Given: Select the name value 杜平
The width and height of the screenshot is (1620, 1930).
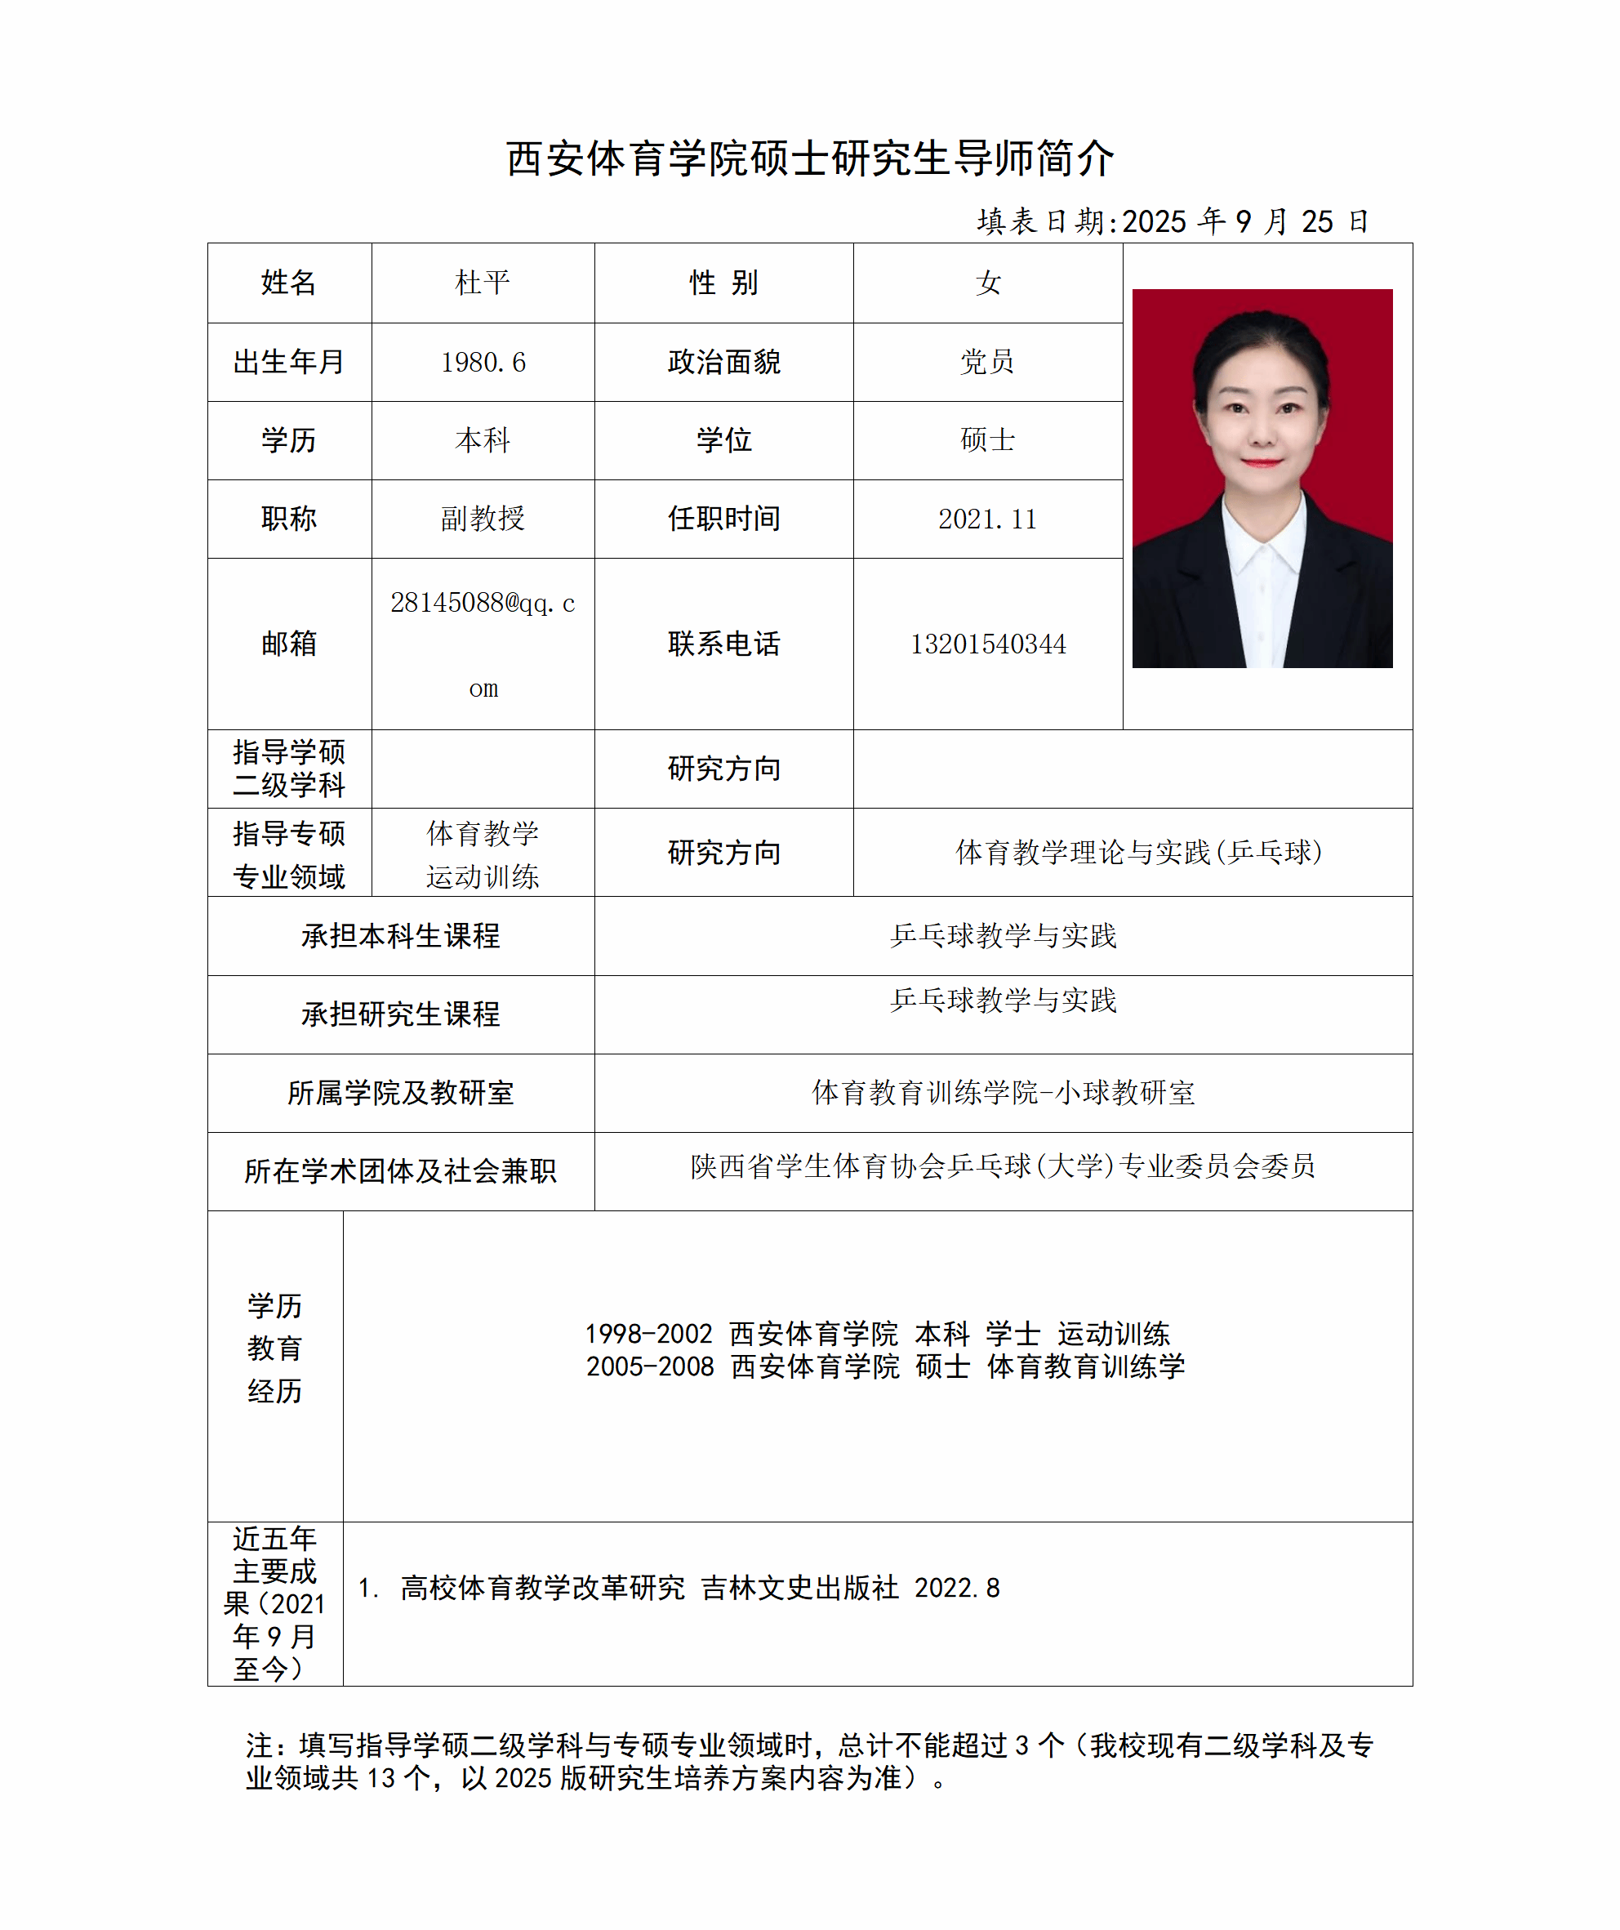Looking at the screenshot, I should coord(483,283).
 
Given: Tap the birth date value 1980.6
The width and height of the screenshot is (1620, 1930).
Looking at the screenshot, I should coord(483,362).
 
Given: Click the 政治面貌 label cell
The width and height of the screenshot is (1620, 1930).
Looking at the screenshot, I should coord(723,362).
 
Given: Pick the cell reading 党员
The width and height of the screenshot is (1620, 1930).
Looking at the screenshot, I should coord(987,362).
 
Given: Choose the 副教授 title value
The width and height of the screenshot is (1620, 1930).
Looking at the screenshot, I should coord(483,519).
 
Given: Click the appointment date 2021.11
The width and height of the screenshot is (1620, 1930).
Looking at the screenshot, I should coord(987,519).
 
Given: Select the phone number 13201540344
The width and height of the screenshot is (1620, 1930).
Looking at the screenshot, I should coord(987,644).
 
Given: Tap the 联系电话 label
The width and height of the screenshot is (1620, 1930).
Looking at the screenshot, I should coord(723,644).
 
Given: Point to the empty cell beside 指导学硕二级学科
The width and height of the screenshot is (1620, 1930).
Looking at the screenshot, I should coord(483,769).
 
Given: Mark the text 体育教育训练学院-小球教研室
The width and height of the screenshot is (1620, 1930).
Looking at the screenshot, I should coord(1003,1093).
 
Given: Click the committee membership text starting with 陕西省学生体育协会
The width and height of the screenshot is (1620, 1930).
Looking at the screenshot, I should coord(1003,1166).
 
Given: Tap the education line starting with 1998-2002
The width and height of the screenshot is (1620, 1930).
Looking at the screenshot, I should coord(877,1334).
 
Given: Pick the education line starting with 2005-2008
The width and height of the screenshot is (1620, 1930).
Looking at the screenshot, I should coord(885,1366).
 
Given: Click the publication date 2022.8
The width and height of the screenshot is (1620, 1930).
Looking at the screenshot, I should coord(956,1588).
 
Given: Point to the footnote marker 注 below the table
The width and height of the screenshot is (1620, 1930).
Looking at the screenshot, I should coord(259,1745).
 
